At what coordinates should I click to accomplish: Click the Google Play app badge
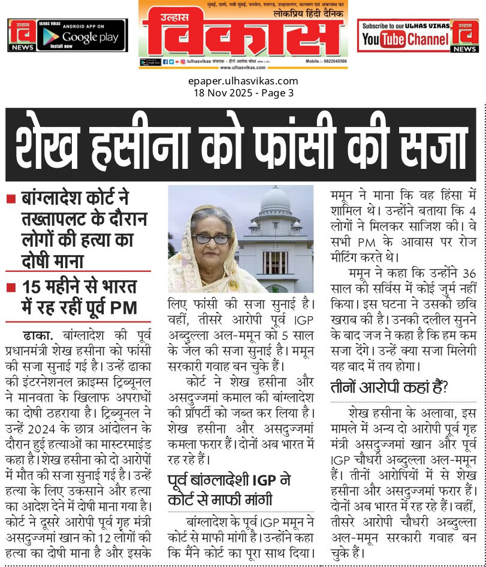(x=81, y=35)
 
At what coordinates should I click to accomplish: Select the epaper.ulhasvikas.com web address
(x=243, y=81)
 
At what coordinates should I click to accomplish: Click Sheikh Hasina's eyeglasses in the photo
(x=211, y=238)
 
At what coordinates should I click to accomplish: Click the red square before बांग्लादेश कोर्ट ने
(x=10, y=198)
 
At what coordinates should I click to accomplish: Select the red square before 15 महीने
(x=10, y=287)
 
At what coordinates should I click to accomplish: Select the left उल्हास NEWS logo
(x=21, y=35)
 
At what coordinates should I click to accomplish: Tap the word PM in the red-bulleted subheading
(x=124, y=308)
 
